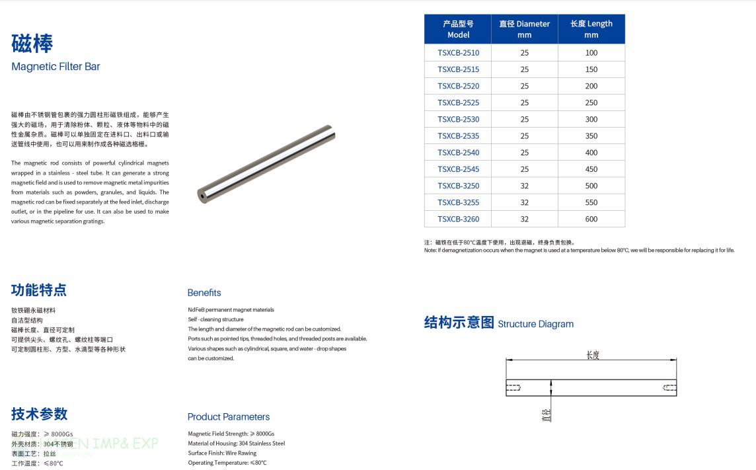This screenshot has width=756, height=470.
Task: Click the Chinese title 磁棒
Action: [x=32, y=44]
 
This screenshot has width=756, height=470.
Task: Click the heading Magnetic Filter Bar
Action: [x=56, y=67]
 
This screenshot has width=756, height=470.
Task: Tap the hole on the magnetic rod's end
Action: [x=201, y=195]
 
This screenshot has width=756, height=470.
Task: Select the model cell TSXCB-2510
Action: [x=458, y=53]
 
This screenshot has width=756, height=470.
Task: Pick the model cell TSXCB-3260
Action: [x=458, y=219]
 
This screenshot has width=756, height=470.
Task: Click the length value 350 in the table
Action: [x=591, y=136]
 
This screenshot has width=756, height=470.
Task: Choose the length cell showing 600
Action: [x=591, y=219]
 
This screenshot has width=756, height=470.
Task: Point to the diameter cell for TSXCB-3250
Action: [x=524, y=186]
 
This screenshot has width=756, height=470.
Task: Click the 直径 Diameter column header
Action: [x=524, y=29]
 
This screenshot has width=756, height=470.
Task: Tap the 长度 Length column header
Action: [x=591, y=29]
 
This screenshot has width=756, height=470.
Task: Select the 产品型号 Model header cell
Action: [x=458, y=29]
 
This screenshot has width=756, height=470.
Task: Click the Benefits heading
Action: [x=204, y=293]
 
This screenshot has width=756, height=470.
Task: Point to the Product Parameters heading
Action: [x=229, y=417]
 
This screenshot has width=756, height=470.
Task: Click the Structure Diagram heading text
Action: [x=535, y=324]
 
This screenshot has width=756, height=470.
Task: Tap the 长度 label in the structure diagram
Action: [x=592, y=355]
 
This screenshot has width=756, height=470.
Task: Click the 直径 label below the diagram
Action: [x=546, y=415]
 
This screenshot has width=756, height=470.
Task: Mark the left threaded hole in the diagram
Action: [x=514, y=387]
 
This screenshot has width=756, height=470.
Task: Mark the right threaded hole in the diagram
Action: [x=669, y=387]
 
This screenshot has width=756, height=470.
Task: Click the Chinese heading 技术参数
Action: [x=39, y=414]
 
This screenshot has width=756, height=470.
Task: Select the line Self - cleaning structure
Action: [x=215, y=319]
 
